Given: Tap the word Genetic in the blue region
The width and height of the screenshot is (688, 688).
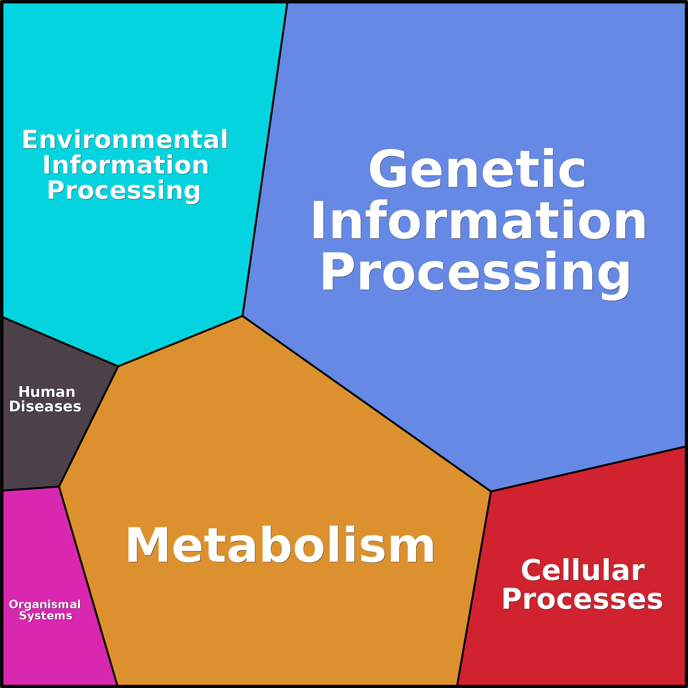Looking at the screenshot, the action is pos(477,168).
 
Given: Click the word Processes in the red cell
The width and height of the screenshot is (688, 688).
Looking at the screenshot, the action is pos(582,599).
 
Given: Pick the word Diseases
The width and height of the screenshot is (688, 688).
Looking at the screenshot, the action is pos(45,406).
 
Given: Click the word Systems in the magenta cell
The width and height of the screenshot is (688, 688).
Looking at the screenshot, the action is pos(45,616).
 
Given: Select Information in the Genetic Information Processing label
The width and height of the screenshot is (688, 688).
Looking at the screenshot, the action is pos(478,220).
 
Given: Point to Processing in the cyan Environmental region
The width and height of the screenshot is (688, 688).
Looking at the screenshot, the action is pos(124,191).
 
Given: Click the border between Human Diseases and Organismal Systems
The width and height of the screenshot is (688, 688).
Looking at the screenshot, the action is pos(31,489).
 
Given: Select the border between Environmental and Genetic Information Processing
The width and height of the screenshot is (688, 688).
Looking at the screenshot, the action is pos(265,159).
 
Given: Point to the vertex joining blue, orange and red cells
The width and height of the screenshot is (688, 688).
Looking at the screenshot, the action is pos(491,491).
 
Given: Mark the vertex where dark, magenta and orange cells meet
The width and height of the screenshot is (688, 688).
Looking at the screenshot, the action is pos(59,486).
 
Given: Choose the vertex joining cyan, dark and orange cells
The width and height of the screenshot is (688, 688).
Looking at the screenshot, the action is pos(118,366).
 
